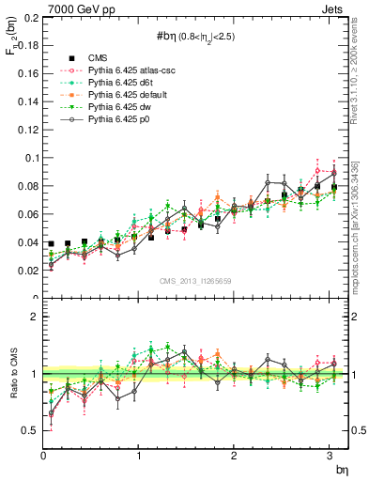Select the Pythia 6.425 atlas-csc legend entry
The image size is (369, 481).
coord(115,70)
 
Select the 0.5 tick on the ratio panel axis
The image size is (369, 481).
coord(30,430)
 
